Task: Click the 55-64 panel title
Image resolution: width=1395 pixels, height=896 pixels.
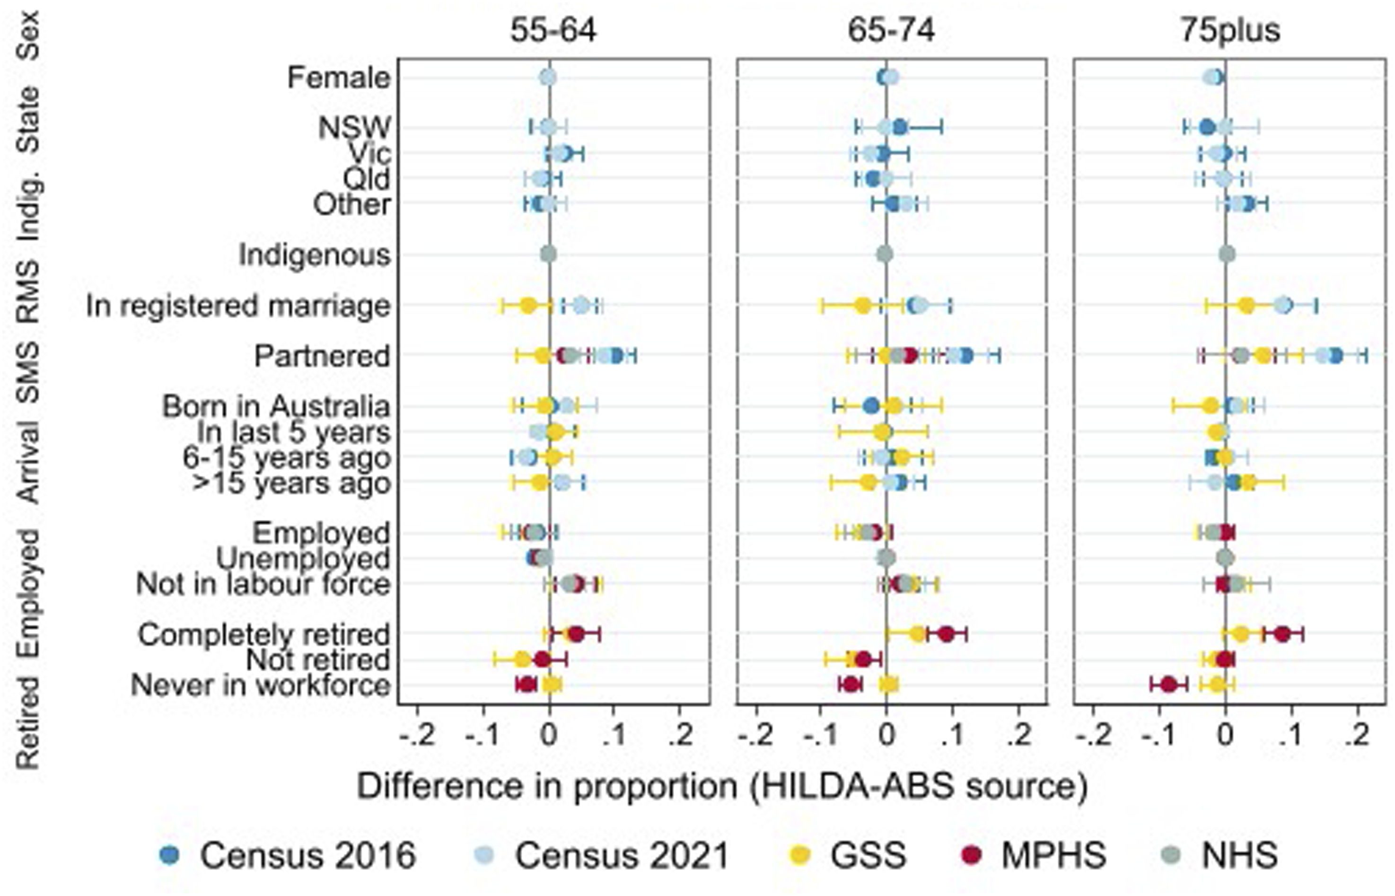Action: coord(553,30)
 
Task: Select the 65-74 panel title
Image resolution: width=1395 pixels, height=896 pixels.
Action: coord(891,30)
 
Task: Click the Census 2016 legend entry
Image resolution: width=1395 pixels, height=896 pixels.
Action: coord(288,855)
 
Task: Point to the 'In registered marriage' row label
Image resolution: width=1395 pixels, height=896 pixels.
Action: coord(238,306)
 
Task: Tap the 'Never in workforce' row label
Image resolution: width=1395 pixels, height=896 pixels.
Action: coord(260,685)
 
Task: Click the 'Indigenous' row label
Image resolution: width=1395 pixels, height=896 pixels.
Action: coord(314,255)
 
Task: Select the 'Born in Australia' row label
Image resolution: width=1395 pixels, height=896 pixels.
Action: coord(276,407)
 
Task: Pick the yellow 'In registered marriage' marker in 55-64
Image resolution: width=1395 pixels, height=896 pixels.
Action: coord(527,306)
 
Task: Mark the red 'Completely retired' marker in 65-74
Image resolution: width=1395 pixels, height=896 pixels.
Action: coord(947,634)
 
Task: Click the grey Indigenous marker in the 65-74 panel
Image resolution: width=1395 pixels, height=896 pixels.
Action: coord(885,254)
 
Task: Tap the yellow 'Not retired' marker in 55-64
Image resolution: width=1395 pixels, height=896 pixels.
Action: coord(522,660)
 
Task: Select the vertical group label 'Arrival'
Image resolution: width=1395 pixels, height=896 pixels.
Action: coord(27,463)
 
